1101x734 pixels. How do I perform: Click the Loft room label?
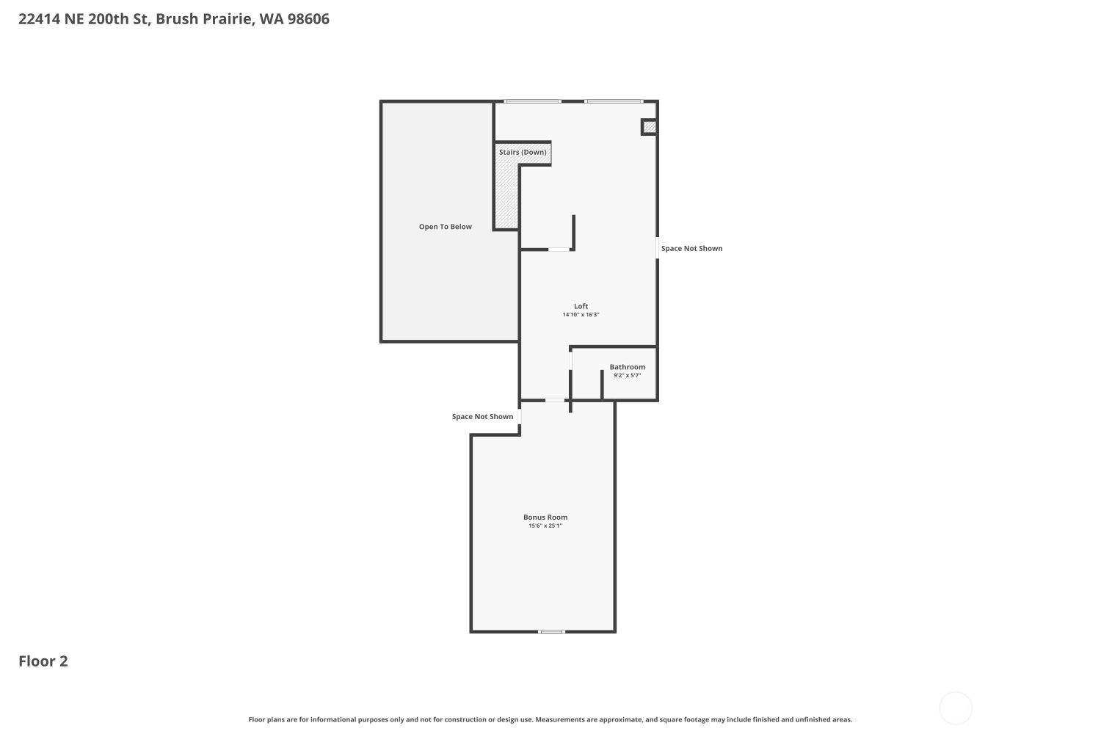point(581,306)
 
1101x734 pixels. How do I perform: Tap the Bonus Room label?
point(545,517)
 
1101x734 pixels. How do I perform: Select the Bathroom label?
point(627,367)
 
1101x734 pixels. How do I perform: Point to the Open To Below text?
point(446,227)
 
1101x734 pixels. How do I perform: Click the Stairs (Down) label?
point(523,152)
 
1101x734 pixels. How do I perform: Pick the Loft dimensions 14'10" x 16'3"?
point(581,315)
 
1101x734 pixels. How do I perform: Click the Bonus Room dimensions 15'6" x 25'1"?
point(545,526)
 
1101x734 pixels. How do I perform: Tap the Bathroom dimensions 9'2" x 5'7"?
point(627,376)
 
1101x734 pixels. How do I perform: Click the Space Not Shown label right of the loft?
point(691,248)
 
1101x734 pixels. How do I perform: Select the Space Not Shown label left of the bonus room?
point(482,416)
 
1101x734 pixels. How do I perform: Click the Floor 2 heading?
point(43,661)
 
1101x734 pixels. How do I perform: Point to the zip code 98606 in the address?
point(308,18)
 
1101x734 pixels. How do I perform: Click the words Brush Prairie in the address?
point(205,18)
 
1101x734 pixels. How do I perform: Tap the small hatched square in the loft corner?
point(650,127)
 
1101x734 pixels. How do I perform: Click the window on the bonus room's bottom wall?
point(551,632)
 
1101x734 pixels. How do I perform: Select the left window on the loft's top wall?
point(532,101)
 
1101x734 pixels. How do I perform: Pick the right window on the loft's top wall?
point(614,101)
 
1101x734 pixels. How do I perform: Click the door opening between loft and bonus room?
point(555,400)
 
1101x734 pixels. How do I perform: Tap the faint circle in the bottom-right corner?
point(956,708)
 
